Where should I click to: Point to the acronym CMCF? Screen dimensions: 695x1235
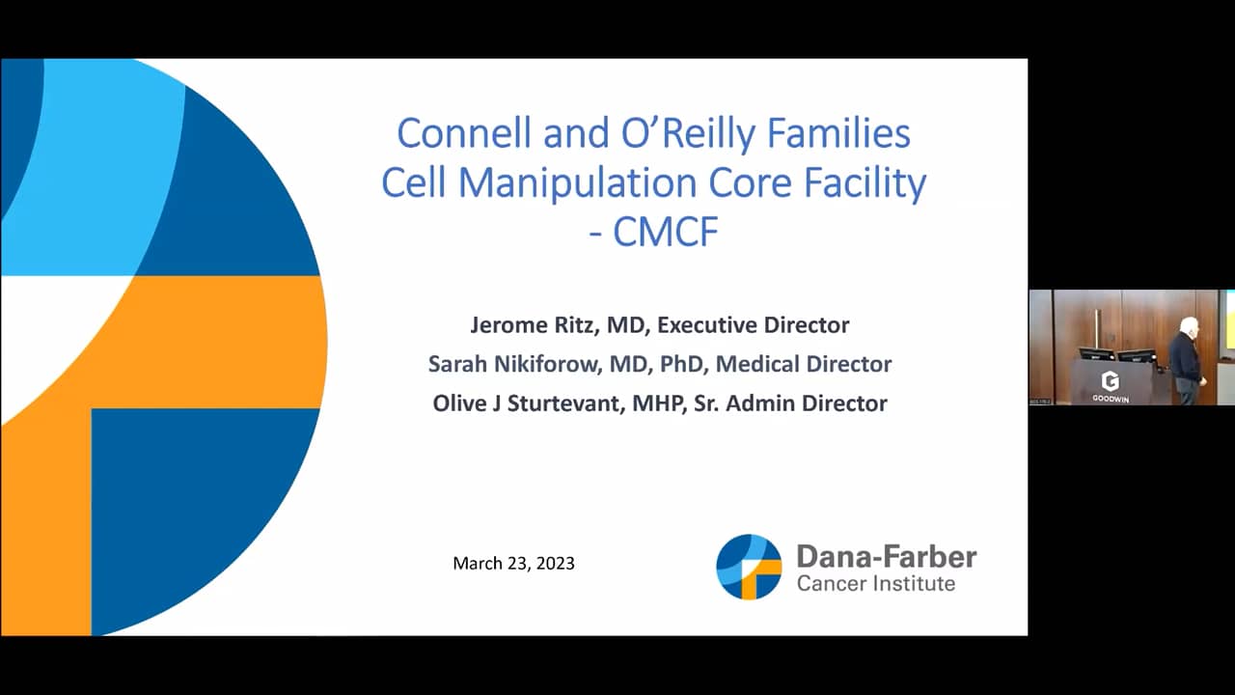point(667,232)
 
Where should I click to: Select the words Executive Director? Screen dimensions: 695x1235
point(753,325)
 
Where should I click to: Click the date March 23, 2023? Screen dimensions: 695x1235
point(513,563)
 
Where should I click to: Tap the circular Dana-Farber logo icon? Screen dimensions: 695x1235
point(749,567)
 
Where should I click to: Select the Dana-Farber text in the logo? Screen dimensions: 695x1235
point(886,557)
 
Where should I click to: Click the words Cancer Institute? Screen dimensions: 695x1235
point(875,583)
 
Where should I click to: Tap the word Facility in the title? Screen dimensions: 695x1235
point(863,182)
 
